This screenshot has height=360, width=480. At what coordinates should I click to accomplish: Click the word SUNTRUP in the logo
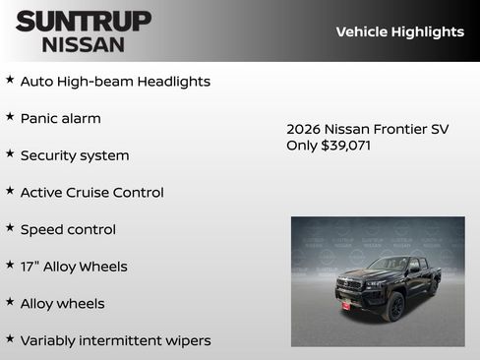[x=84, y=21]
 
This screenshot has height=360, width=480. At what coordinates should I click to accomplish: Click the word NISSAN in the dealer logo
[x=84, y=43]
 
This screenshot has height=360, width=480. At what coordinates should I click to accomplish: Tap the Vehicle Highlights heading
[x=399, y=31]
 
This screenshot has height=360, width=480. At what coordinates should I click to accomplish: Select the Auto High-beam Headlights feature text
[x=115, y=82]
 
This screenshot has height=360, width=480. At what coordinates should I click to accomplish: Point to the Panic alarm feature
[x=60, y=118]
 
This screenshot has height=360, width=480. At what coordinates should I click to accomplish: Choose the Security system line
[x=75, y=155]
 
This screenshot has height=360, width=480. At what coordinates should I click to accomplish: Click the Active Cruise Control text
[x=91, y=193]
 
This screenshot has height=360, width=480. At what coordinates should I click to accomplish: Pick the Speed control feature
[x=68, y=229]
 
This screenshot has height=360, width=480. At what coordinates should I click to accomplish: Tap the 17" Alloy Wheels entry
[x=74, y=267]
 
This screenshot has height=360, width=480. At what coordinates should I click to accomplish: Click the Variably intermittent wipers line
[x=115, y=340]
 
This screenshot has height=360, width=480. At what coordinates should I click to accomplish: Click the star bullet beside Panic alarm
[x=10, y=116]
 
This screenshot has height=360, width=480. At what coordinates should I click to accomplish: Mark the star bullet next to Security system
[x=10, y=153]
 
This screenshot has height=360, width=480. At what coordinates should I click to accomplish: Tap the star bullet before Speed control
[x=10, y=227]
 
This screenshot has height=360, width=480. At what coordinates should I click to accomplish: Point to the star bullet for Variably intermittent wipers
[x=10, y=338]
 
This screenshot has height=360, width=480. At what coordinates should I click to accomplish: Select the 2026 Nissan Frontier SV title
[x=367, y=129]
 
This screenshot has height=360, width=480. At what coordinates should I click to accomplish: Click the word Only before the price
[x=302, y=146]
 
